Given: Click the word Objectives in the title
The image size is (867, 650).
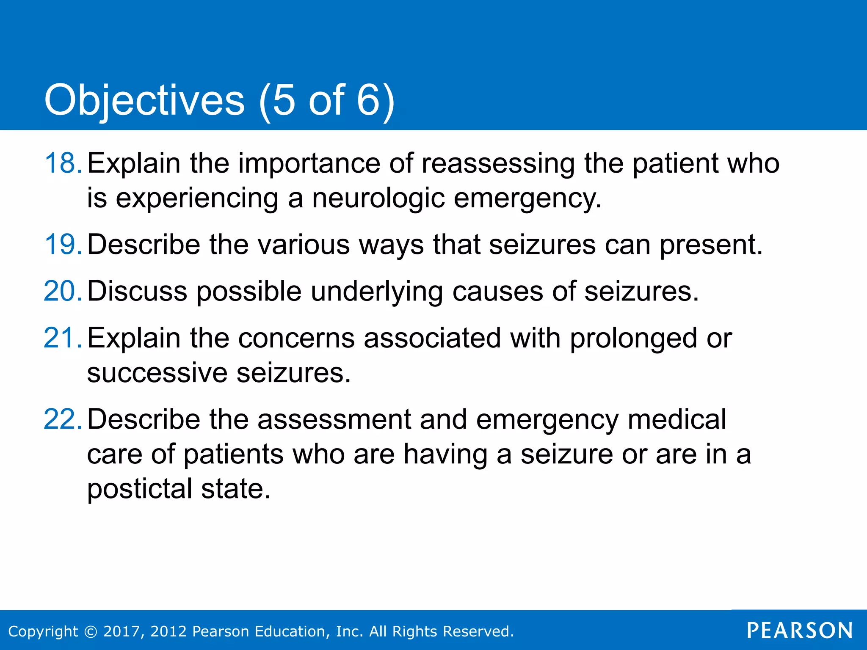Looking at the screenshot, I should (144, 100).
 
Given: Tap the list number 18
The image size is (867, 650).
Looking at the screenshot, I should (62, 163).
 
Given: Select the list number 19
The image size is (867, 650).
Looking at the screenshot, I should (62, 245).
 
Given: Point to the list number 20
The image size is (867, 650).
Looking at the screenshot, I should (62, 291).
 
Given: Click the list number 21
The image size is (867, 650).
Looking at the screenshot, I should (62, 338).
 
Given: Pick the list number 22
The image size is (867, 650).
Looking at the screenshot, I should (62, 419).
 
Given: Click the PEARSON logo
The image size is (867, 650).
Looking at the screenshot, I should (800, 631).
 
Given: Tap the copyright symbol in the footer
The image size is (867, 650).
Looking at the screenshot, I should (91, 631).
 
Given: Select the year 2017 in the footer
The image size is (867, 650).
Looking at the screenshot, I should (120, 631).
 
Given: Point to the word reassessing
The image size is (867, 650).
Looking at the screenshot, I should (498, 163).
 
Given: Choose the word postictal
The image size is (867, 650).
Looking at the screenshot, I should (139, 488).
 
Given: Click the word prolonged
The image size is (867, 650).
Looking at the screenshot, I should (633, 339).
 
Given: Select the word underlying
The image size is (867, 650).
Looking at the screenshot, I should (376, 292).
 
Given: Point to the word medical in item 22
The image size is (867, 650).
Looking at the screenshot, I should (676, 419).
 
